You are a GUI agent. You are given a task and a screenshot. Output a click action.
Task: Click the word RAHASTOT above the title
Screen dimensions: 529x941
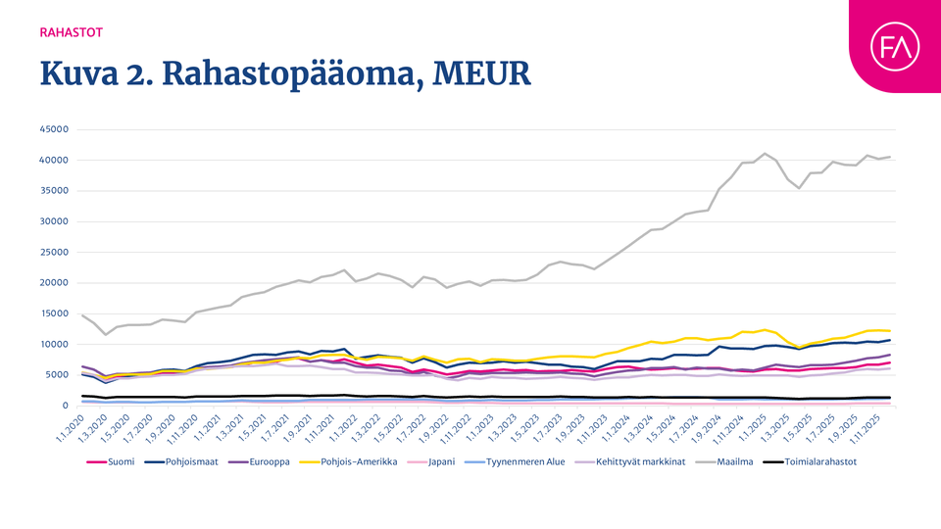[x=71, y=31]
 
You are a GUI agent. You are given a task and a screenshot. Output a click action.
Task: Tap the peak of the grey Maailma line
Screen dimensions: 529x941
[x=765, y=154]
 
